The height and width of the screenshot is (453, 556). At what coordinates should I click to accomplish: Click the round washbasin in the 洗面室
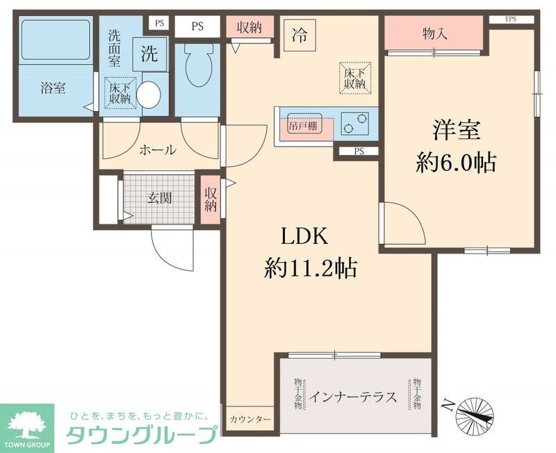tap(149, 94)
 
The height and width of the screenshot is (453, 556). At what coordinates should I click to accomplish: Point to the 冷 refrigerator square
tap(299, 31)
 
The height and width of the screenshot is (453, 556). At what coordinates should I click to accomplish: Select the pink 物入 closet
tap(434, 33)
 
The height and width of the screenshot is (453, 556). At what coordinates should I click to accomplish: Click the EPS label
tap(510, 19)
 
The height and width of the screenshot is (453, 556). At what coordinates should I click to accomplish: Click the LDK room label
tap(304, 237)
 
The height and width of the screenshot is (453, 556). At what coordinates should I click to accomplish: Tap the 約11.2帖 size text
tap(311, 267)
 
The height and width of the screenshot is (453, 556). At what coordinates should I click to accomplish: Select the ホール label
tap(157, 150)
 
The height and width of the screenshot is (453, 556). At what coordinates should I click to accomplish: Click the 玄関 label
tap(159, 197)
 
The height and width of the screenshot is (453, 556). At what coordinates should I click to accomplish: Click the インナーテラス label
tap(353, 397)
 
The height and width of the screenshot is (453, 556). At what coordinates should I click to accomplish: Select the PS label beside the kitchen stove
tap(359, 151)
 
